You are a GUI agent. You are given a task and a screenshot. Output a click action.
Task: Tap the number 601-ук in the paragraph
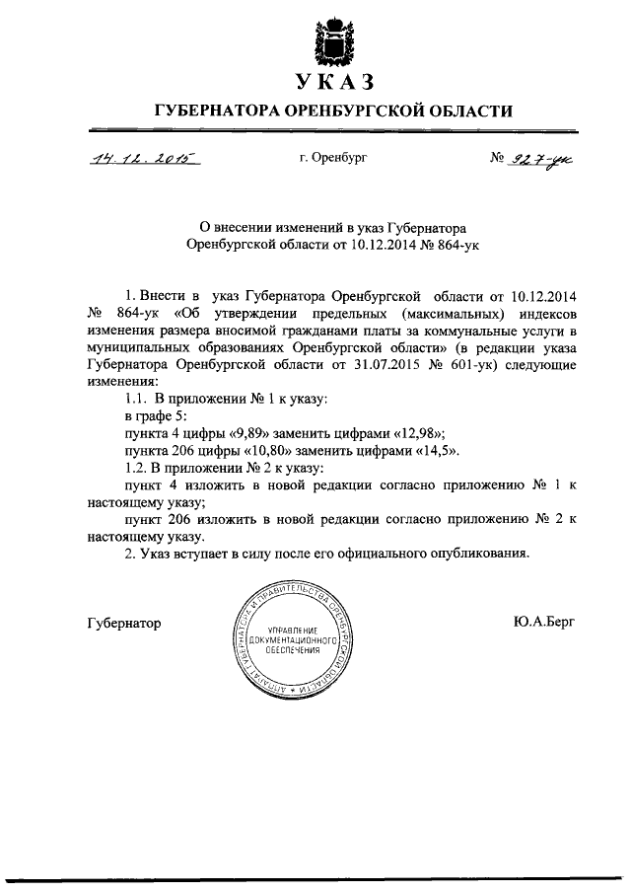(x=469, y=364)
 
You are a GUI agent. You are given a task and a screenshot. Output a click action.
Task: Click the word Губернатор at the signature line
(x=123, y=624)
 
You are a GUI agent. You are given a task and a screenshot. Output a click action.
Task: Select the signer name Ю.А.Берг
(x=542, y=623)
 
